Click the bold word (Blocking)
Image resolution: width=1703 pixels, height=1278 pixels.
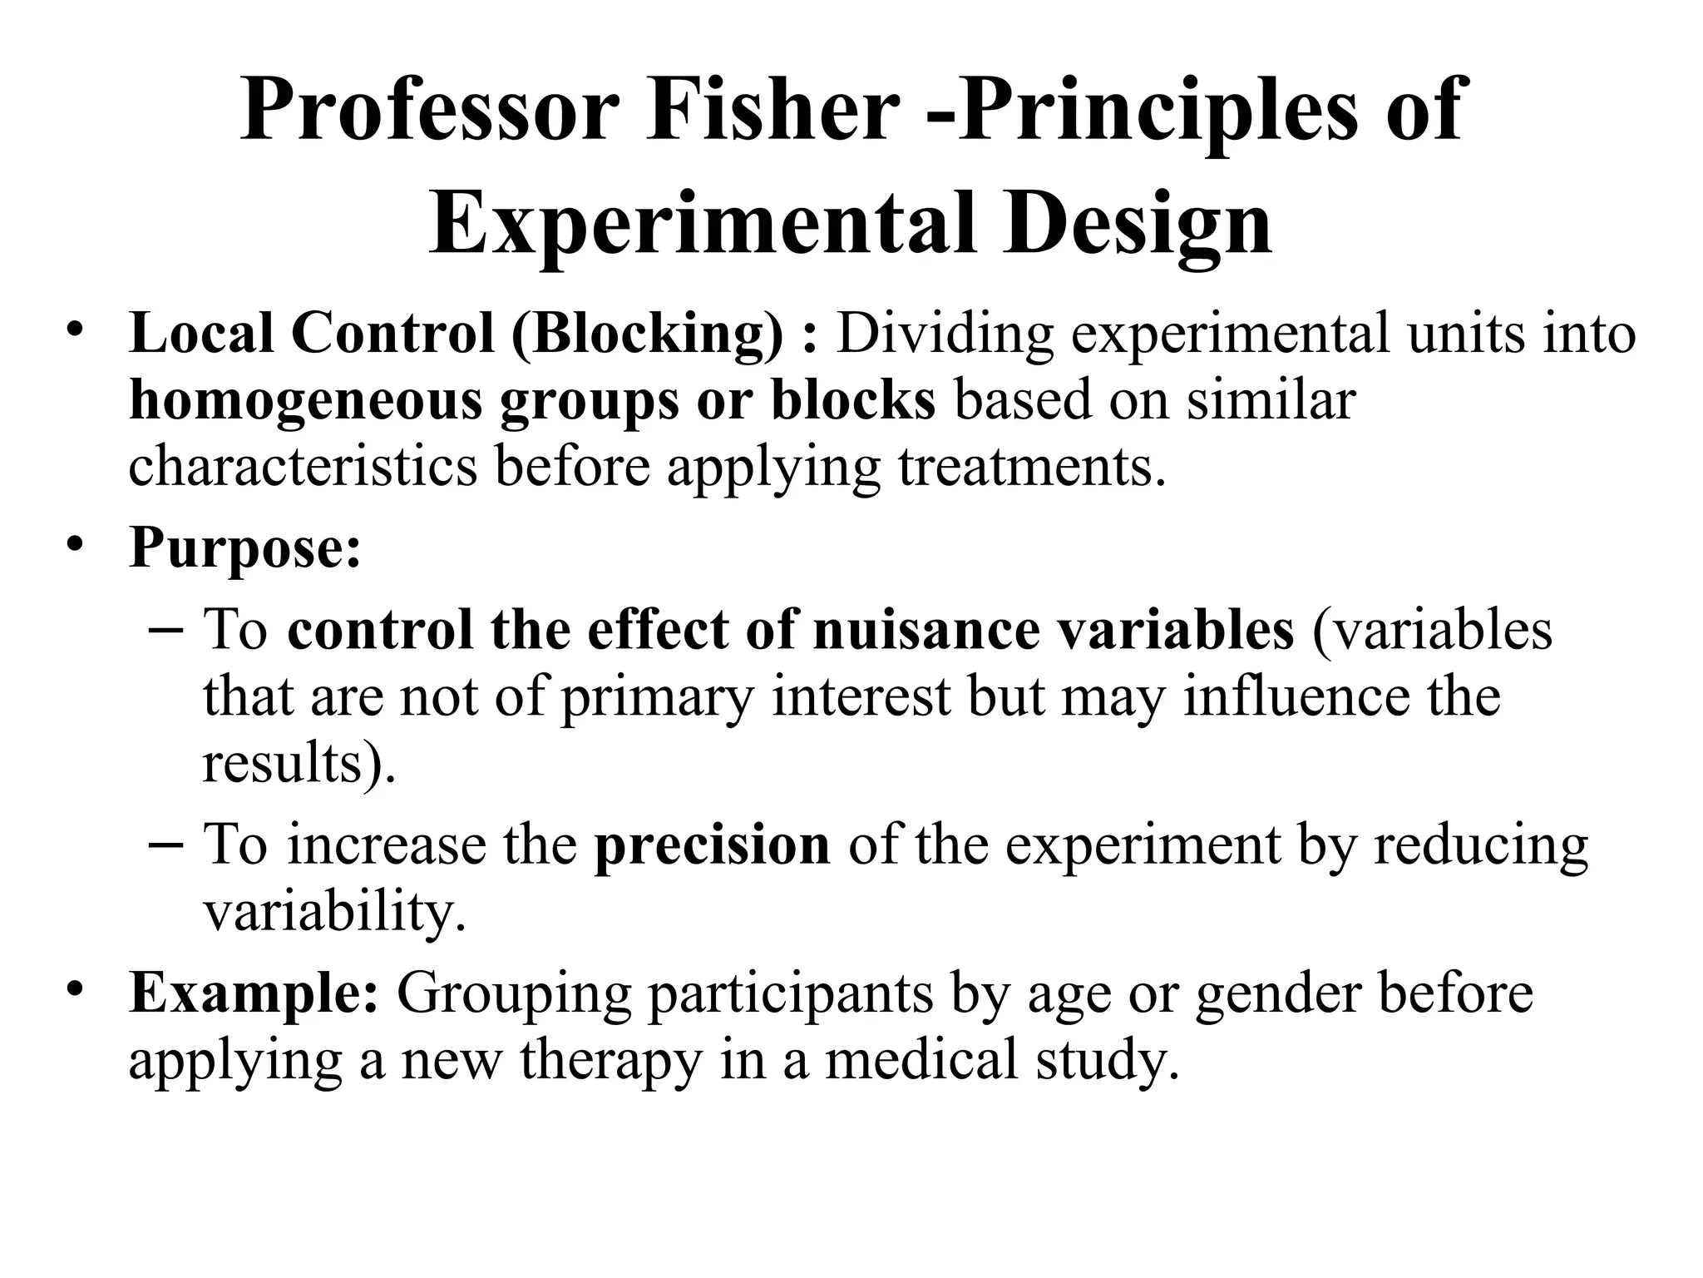point(647,334)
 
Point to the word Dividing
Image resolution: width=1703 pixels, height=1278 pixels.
point(944,334)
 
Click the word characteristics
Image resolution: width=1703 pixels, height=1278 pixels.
point(303,466)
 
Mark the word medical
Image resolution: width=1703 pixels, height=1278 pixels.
point(921,1060)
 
